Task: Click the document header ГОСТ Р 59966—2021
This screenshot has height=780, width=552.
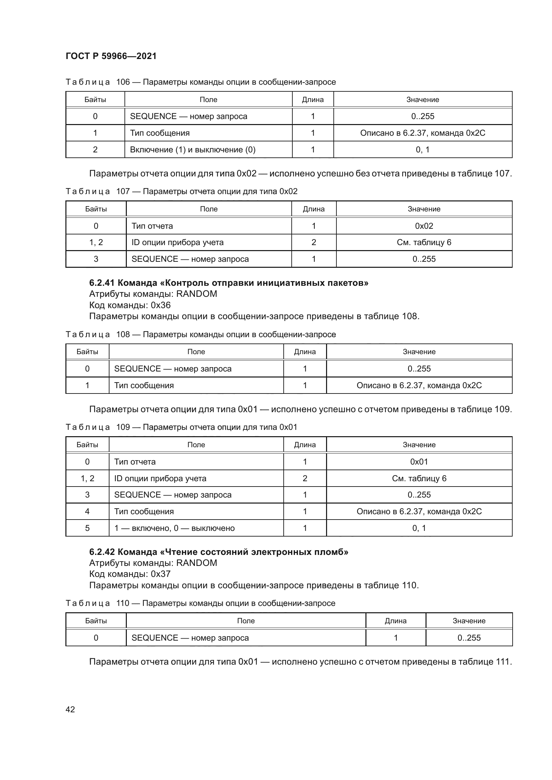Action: [111, 56]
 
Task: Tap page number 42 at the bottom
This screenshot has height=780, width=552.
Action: [70, 709]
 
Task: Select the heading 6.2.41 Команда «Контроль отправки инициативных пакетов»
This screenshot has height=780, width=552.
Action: [228, 283]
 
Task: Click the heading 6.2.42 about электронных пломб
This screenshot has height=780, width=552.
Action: [219, 552]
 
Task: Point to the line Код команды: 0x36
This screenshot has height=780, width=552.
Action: [130, 305]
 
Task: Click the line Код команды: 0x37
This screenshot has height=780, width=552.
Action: [130, 574]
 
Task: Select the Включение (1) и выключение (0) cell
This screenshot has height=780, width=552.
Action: [192, 149]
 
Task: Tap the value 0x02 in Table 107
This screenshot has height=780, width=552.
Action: [424, 226]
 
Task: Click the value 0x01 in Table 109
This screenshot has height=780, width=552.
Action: [419, 462]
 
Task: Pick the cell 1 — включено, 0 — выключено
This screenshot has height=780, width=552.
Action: [174, 528]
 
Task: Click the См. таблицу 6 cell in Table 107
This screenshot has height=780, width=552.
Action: [424, 242]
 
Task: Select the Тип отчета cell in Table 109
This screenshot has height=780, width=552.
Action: [135, 462]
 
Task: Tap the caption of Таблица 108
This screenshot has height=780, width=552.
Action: [201, 334]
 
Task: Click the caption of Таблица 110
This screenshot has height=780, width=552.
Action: [200, 603]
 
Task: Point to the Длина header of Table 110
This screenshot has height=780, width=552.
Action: [395, 621]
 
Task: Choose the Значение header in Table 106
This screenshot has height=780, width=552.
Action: [423, 99]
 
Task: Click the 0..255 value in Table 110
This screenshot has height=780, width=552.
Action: [469, 638]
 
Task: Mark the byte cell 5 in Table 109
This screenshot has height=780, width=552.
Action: [87, 528]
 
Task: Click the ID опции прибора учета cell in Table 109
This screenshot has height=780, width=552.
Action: [160, 478]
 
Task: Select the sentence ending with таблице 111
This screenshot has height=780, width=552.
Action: [300, 661]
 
